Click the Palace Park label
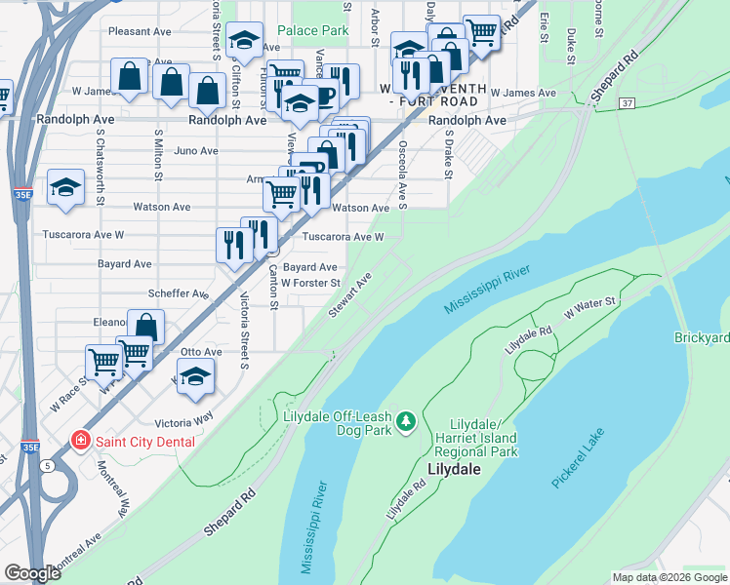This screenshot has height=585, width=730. point(312,31)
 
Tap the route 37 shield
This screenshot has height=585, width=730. point(627,103)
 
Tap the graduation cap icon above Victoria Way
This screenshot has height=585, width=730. point(195,376)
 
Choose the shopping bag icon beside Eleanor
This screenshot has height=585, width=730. point(145,327)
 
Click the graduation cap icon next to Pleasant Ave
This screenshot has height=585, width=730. point(243,40)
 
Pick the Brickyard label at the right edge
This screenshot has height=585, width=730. point(702,337)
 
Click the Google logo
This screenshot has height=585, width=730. point(32,573)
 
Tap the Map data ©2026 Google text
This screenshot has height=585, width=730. point(669,577)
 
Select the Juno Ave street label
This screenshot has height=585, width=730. point(195,151)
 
